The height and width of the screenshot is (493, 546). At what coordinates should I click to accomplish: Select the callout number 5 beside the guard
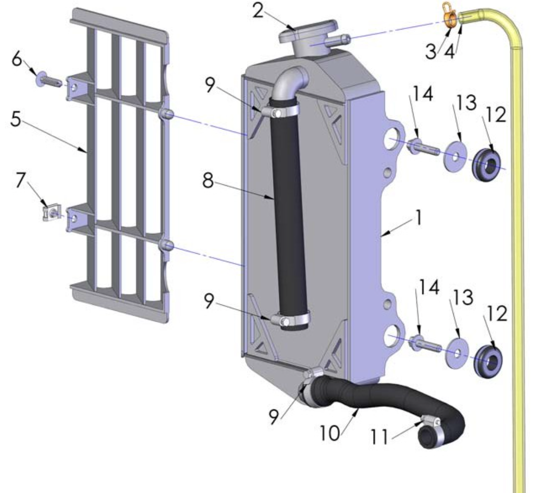[x=17, y=121]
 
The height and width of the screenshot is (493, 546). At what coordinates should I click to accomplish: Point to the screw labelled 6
[x=49, y=78]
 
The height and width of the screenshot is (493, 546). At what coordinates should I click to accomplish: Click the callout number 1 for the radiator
[x=418, y=217]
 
